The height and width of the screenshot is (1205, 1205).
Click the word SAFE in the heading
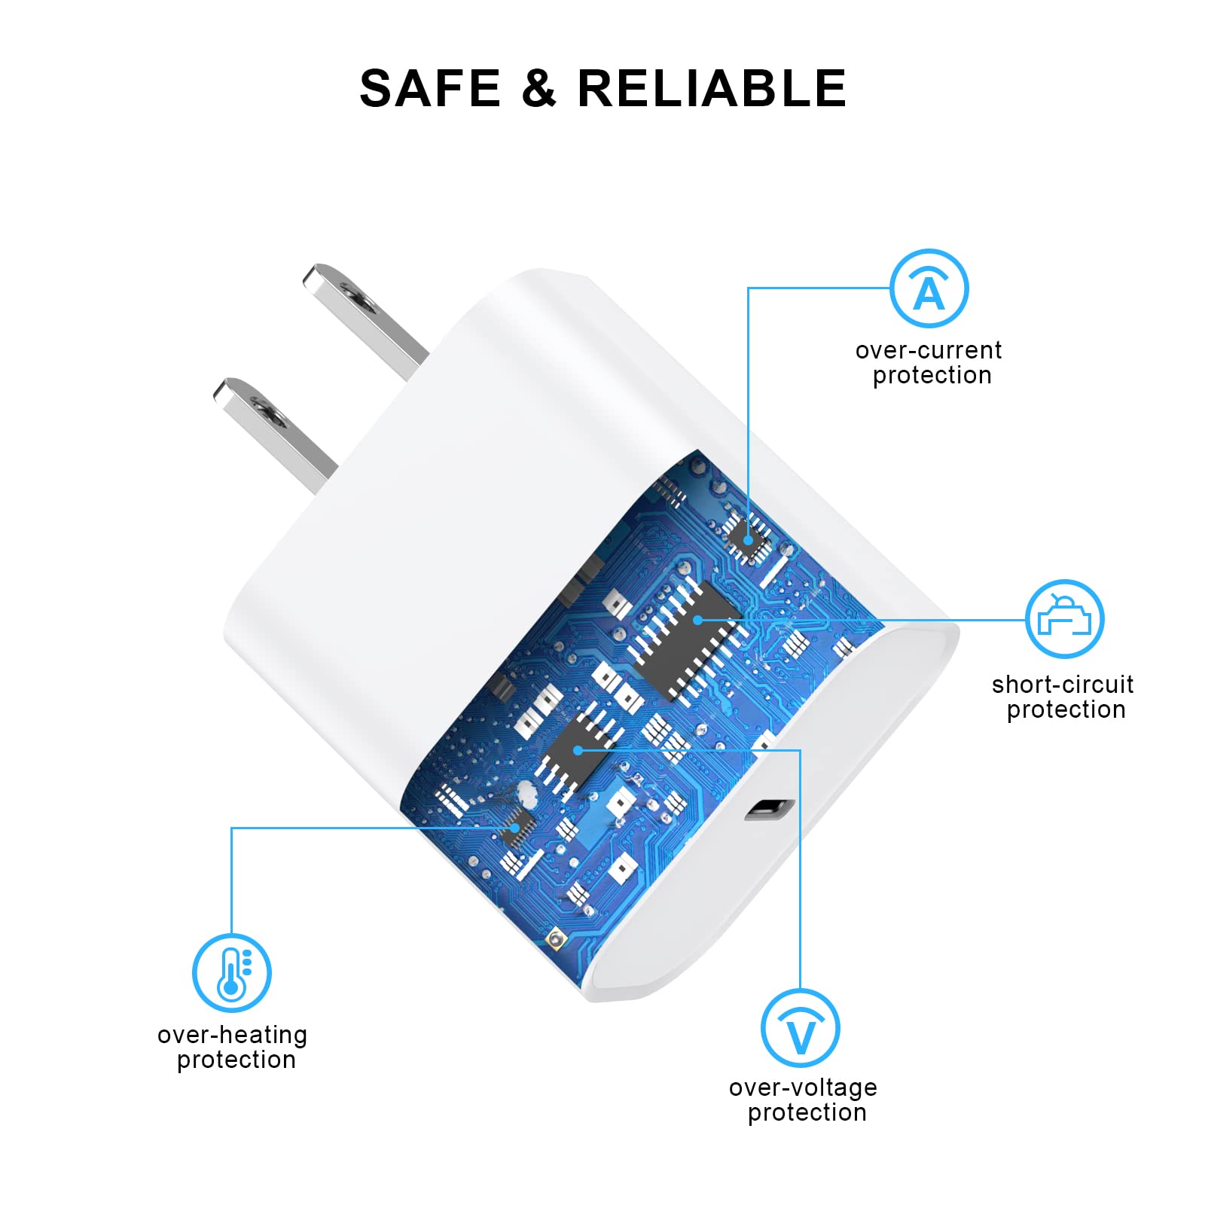430,89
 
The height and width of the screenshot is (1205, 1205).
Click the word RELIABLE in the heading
712,89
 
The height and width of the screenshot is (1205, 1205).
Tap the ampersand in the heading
538,89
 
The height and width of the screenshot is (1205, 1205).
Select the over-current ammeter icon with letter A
929,288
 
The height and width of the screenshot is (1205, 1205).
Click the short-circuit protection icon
1064,619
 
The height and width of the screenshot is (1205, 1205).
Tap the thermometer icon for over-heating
231,972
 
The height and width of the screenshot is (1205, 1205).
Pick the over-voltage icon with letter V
800,1028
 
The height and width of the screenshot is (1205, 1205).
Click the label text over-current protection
929,363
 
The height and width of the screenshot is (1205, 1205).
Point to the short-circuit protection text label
1063,697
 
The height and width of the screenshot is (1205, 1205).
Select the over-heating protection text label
233,1047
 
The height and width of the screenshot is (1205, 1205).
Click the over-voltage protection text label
804,1100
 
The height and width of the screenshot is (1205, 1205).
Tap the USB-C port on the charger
770,810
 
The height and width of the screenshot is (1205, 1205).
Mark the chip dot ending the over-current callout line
748,539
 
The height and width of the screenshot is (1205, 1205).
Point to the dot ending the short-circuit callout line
698,620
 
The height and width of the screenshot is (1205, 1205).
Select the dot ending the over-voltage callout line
578,750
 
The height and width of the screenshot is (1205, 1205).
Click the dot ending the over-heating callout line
515,828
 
